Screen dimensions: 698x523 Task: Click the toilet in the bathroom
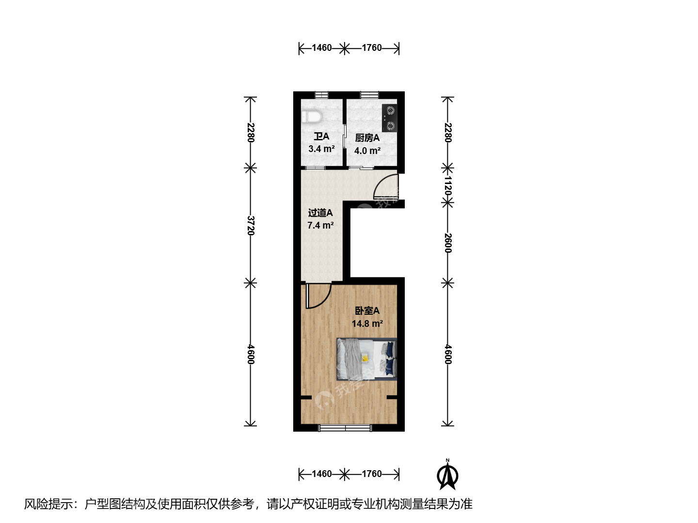(312, 117)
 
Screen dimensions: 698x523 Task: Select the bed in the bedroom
(366, 359)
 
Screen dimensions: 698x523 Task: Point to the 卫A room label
(321, 137)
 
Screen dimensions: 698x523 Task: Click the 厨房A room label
(367, 138)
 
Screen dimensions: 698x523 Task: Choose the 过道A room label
(320, 213)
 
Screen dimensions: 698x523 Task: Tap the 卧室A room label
(367, 310)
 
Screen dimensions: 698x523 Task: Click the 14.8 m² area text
(367, 323)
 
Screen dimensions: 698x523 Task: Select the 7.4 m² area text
(320, 226)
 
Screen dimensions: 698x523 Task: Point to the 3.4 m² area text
(321, 149)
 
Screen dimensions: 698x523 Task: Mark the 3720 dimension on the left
(251, 226)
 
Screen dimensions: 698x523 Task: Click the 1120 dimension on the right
(448, 186)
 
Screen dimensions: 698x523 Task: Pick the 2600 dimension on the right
(448, 243)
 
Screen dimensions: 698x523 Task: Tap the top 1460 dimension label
(321, 48)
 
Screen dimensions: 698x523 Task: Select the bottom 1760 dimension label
(372, 474)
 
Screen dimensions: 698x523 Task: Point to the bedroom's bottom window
(345, 428)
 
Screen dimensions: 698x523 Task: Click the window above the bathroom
(321, 95)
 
